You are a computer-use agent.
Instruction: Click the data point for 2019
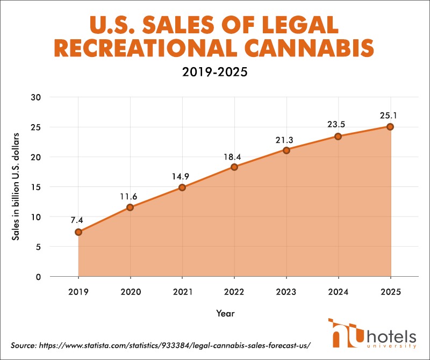[x=78, y=232]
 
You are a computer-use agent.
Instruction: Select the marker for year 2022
[x=234, y=167]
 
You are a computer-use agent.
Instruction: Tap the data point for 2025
[x=390, y=127]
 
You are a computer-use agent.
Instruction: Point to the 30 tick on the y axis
[x=37, y=97]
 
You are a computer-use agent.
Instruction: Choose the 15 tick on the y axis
[x=37, y=187]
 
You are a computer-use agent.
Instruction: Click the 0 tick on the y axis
[x=39, y=277]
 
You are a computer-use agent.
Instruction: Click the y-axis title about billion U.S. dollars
[x=17, y=186]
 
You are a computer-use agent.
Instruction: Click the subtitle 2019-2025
[x=215, y=72]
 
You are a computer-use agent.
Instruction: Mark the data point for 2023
[x=286, y=150]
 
